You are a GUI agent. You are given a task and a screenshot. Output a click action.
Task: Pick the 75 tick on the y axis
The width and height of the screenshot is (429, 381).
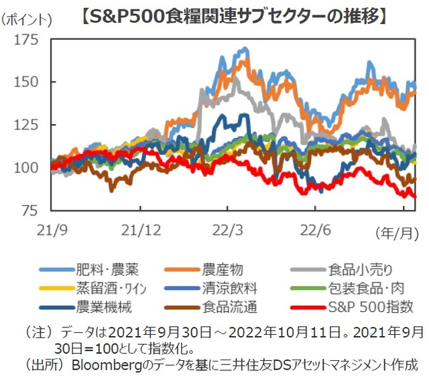(31, 210)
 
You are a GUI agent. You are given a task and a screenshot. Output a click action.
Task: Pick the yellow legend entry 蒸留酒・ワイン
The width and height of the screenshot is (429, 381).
(113, 289)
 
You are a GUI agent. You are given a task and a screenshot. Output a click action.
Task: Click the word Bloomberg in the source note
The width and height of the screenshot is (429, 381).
(103, 366)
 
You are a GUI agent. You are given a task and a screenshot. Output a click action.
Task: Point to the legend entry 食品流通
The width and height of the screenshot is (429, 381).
(229, 308)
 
